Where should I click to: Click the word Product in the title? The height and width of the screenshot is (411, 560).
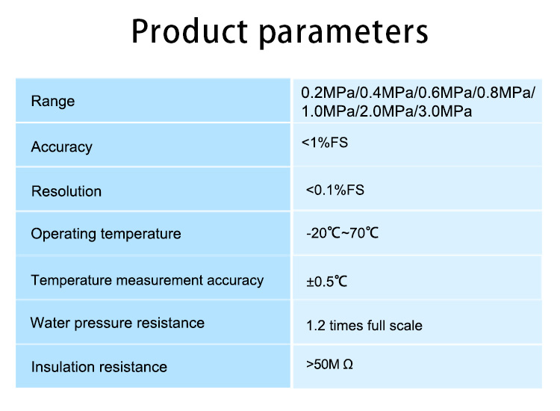pyautogui.click(x=190, y=31)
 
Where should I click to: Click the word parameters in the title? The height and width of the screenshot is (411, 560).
pyautogui.click(x=343, y=34)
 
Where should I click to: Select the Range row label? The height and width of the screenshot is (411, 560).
pyautogui.click(x=53, y=102)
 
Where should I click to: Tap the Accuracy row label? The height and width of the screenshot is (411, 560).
pyautogui.click(x=62, y=147)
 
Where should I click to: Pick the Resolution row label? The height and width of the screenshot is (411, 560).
pyautogui.click(x=66, y=191)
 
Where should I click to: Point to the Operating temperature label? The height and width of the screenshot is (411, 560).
pyautogui.click(x=106, y=234)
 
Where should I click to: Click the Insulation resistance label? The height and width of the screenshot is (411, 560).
pyautogui.click(x=99, y=367)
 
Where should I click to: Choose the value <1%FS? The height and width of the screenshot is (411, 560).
pyautogui.click(x=325, y=143)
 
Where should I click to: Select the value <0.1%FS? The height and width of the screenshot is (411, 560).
pyautogui.click(x=335, y=190)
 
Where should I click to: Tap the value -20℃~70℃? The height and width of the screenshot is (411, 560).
pyautogui.click(x=342, y=233)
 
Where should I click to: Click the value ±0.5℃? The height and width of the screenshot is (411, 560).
pyautogui.click(x=326, y=281)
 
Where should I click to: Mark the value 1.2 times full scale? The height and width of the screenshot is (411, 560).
pyautogui.click(x=364, y=326)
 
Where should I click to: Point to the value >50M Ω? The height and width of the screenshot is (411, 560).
pyautogui.click(x=329, y=364)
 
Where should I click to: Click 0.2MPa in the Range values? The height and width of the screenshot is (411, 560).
pyautogui.click(x=329, y=93)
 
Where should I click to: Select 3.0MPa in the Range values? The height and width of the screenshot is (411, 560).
pyautogui.click(x=445, y=111)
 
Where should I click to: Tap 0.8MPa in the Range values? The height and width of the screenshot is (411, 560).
pyautogui.click(x=504, y=93)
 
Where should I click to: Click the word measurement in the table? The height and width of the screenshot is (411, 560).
pyautogui.click(x=160, y=280)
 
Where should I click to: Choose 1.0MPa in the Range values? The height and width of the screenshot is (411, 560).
pyautogui.click(x=329, y=111)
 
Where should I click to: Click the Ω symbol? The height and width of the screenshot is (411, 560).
pyautogui.click(x=348, y=365)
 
